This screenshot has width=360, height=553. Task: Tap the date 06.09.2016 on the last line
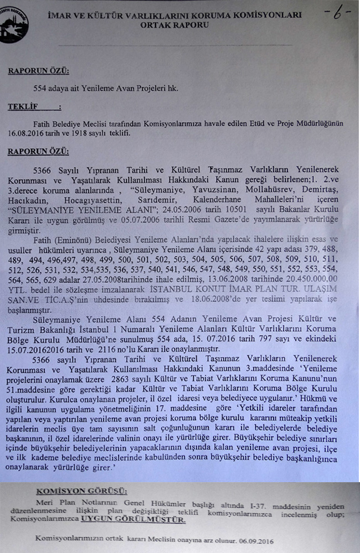[x=256, y=539]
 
